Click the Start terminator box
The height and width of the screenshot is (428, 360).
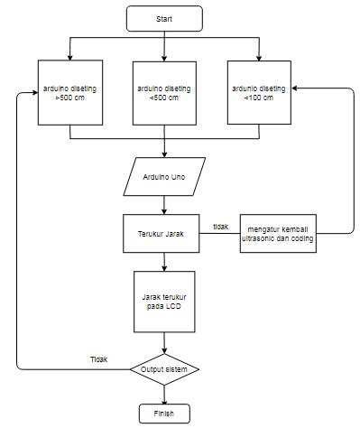tap(164, 17)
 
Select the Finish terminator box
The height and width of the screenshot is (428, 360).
tap(164, 414)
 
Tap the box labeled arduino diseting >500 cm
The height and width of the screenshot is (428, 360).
tap(69, 92)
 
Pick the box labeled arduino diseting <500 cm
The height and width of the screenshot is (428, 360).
tap(164, 92)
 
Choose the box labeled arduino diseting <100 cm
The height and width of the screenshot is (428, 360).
tap(259, 92)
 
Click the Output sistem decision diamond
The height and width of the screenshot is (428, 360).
tap(164, 369)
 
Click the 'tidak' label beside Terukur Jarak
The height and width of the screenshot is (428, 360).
tap(220, 226)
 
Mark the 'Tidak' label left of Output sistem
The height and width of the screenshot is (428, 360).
tap(98, 358)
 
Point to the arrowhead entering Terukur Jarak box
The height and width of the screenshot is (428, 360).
tap(164, 210)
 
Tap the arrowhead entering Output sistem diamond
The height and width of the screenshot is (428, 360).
tap(164, 352)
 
